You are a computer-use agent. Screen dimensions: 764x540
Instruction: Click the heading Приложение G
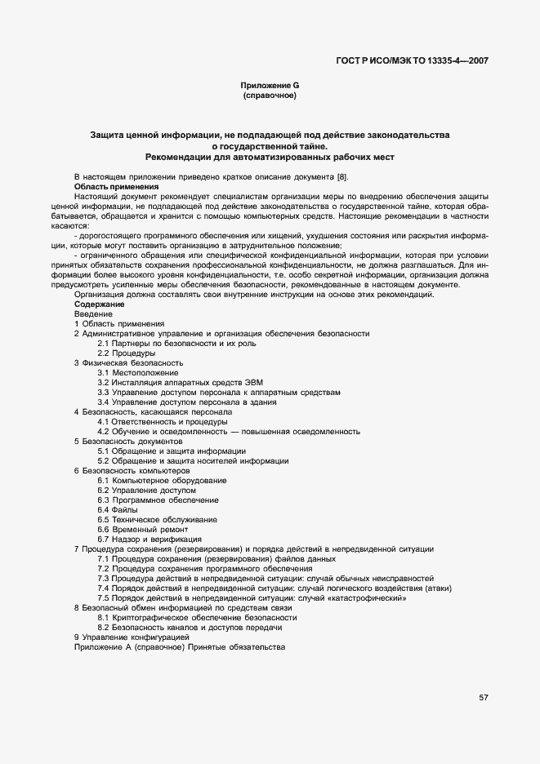270,86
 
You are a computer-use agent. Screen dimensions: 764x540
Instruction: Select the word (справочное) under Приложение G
270,95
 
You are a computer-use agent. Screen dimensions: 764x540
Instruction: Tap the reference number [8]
343,176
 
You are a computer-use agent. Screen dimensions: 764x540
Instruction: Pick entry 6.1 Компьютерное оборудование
162,480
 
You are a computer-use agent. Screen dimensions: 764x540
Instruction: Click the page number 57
484,697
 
